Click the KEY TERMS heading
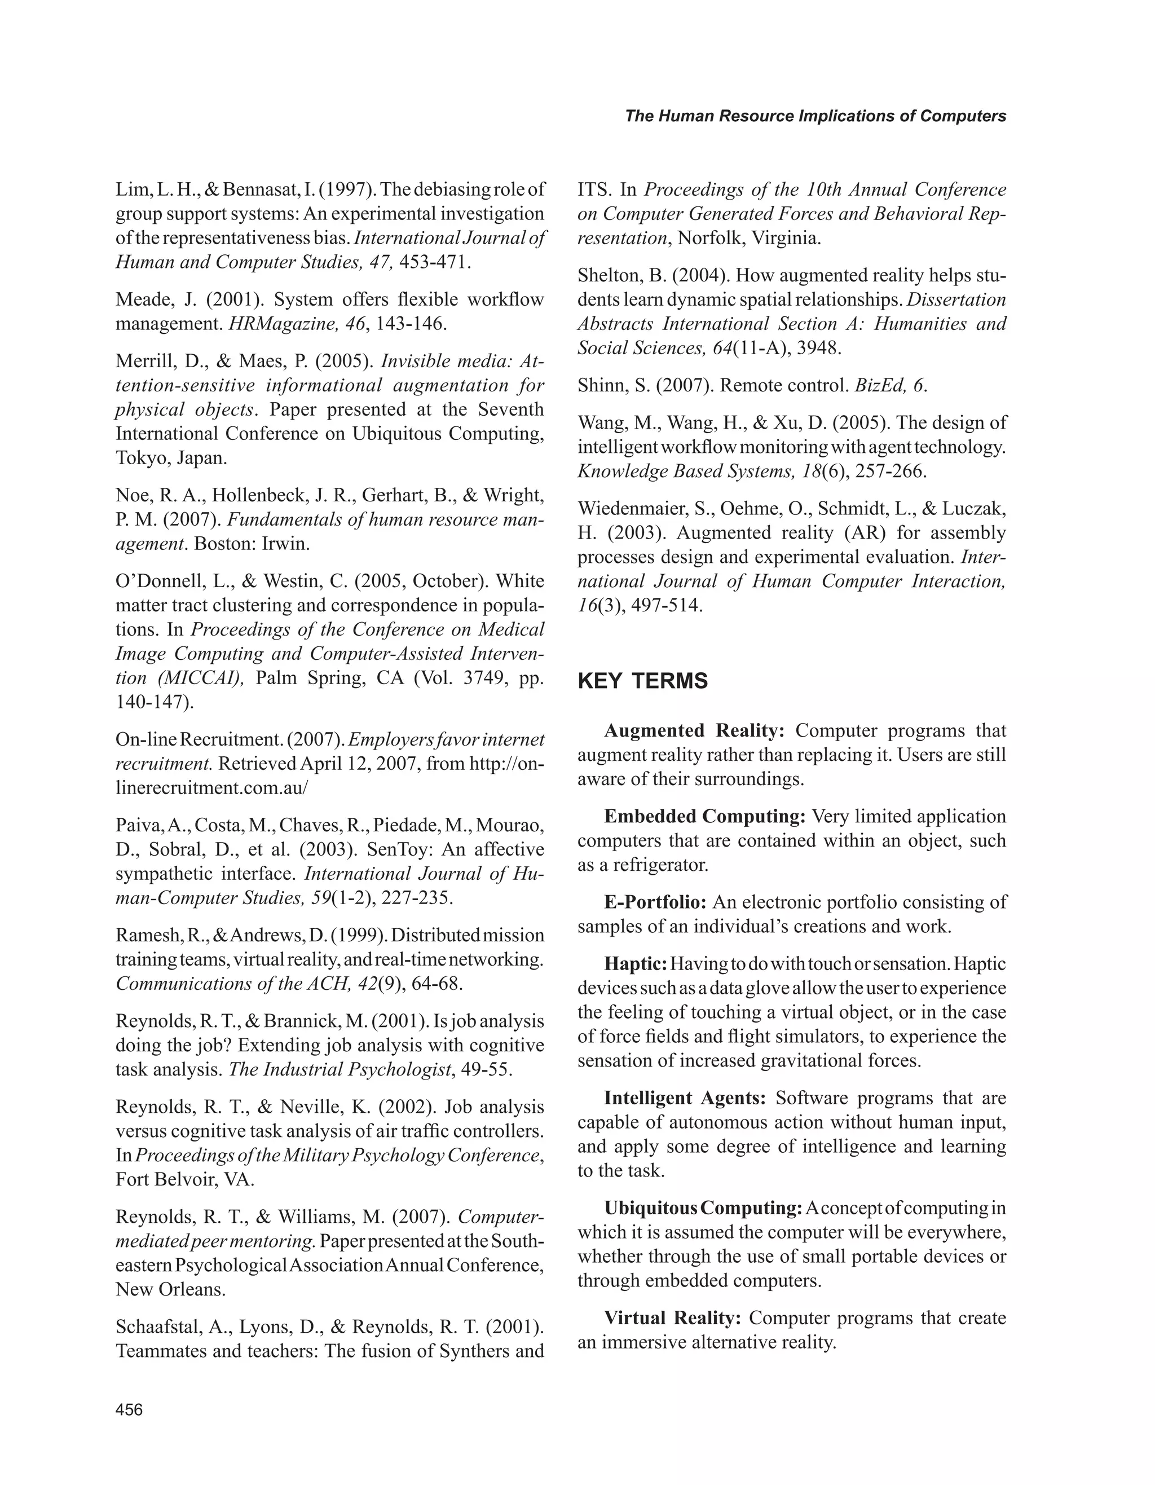point(642,681)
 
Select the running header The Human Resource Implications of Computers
point(815,116)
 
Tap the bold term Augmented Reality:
point(694,731)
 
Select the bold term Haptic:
point(636,964)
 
